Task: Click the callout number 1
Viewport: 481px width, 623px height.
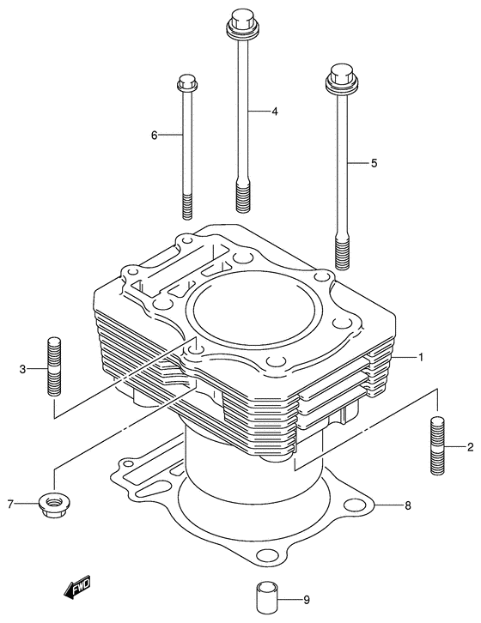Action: (x=421, y=356)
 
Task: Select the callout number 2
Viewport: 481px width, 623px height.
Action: (x=471, y=447)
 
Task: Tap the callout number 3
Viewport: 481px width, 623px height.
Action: (x=22, y=369)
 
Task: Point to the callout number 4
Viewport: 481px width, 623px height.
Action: (x=275, y=112)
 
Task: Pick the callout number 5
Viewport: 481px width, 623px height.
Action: (x=374, y=162)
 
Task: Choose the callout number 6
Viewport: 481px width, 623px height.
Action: (x=155, y=135)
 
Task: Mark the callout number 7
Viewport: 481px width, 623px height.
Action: (x=10, y=504)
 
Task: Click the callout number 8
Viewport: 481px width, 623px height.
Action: (x=408, y=505)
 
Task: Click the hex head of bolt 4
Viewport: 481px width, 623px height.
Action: (x=240, y=24)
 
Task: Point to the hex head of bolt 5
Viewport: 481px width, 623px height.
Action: (x=341, y=77)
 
